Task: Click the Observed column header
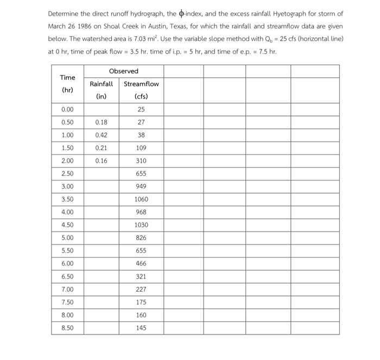tap(123, 71)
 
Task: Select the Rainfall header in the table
tap(102, 84)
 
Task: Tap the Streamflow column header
tap(141, 84)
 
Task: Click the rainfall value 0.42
tap(102, 135)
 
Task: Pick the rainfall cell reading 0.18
tap(102, 122)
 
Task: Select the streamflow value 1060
tap(141, 199)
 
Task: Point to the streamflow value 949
tap(141, 187)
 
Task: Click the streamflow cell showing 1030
tap(141, 224)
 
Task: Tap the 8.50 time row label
tap(68, 327)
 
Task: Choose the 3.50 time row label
tap(68, 199)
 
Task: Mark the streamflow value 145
tap(141, 327)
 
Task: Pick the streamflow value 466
tap(141, 263)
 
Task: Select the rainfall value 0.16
tap(102, 160)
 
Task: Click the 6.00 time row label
tap(68, 263)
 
